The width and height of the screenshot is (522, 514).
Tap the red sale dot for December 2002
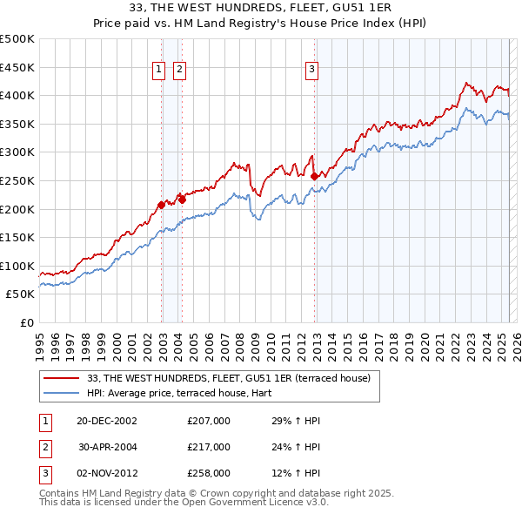(162, 206)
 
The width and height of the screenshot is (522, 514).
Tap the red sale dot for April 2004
(183, 200)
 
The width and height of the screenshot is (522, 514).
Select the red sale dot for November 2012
(314, 176)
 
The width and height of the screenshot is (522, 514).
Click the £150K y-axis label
(17, 237)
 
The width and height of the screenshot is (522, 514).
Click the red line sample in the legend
(61, 378)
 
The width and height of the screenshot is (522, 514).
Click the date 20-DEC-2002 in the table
(106, 422)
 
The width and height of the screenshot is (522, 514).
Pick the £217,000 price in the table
(209, 447)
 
